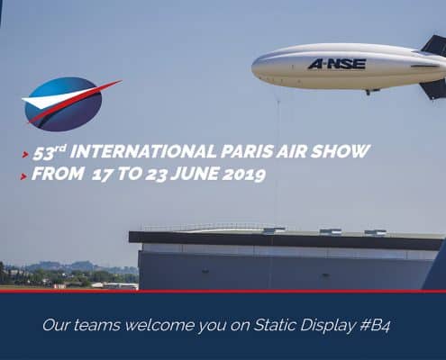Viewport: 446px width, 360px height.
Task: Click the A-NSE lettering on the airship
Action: tap(337, 64)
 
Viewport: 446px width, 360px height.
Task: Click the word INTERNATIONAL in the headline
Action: tap(143, 151)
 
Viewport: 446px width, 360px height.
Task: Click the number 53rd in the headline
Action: tap(50, 152)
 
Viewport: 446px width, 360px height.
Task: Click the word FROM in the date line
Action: tap(58, 174)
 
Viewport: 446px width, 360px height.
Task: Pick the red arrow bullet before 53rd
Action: tap(25, 155)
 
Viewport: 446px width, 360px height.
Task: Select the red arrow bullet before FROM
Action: tap(23, 176)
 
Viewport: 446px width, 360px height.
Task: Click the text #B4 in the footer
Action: tap(375, 326)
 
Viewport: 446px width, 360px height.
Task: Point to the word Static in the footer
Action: tap(275, 325)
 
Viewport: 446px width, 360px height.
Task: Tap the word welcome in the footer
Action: tap(159, 325)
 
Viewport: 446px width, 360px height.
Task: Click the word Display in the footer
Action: tap(328, 326)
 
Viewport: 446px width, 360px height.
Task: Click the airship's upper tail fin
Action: tap(435, 46)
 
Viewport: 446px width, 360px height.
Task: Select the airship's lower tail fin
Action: tap(433, 89)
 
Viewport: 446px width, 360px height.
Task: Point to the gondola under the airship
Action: tap(372, 91)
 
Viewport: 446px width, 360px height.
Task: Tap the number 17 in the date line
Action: tap(103, 175)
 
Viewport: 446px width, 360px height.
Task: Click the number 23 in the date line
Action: tap(156, 175)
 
